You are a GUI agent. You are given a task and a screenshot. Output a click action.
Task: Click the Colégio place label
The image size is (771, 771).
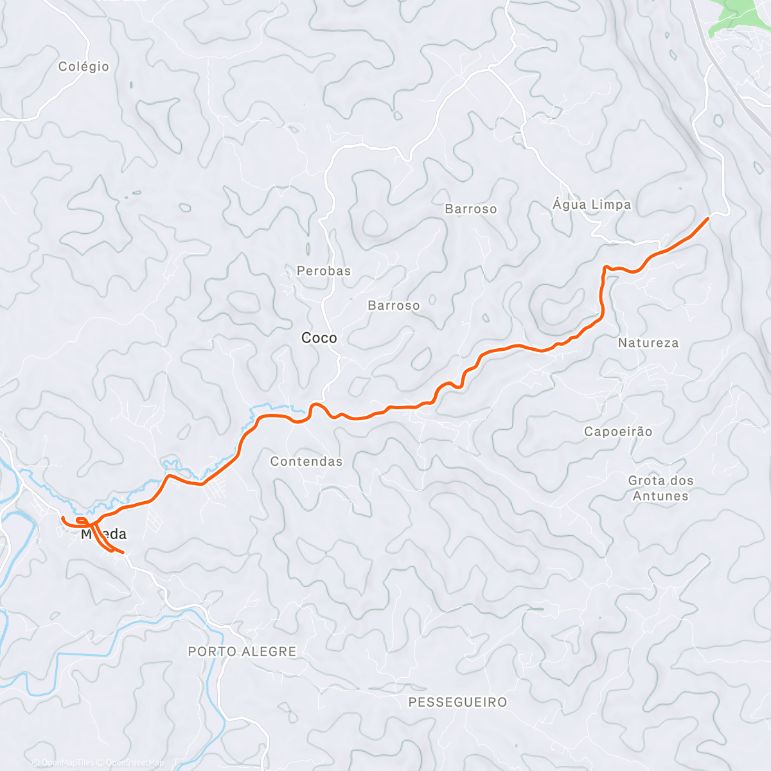coord(84,67)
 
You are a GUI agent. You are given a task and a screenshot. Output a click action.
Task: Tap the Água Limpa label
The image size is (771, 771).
coord(592,205)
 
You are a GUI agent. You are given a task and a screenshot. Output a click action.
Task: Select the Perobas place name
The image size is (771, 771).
coord(324,271)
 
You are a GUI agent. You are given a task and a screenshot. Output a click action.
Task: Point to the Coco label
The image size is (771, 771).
coord(319,338)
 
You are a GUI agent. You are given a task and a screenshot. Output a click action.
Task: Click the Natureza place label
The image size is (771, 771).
coord(648,343)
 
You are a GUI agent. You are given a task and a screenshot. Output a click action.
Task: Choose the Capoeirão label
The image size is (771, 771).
coord(618,432)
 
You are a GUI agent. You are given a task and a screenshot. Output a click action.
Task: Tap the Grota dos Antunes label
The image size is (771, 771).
coord(660,488)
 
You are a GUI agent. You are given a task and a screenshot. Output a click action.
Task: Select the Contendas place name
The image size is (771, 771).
coord(306,461)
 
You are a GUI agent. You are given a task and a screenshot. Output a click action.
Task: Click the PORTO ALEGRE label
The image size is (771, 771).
coord(242,651)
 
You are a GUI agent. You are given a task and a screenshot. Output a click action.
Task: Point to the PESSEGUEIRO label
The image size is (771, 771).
coord(457,702)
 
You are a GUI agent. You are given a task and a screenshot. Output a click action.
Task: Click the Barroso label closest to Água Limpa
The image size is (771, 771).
coord(471,209)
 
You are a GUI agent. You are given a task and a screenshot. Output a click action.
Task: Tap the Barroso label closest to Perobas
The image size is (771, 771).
coord(394,306)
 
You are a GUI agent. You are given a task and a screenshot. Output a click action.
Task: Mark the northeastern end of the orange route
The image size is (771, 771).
coord(707,219)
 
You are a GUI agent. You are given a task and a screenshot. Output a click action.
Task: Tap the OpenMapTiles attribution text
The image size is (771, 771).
coord(67,763)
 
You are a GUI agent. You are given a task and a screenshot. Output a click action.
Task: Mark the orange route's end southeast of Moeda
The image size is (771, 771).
coord(123,552)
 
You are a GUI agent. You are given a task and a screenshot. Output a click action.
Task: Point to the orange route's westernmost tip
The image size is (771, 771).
coord(62,517)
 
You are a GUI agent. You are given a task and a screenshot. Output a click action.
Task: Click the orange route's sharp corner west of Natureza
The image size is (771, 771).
coord(605,266)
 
